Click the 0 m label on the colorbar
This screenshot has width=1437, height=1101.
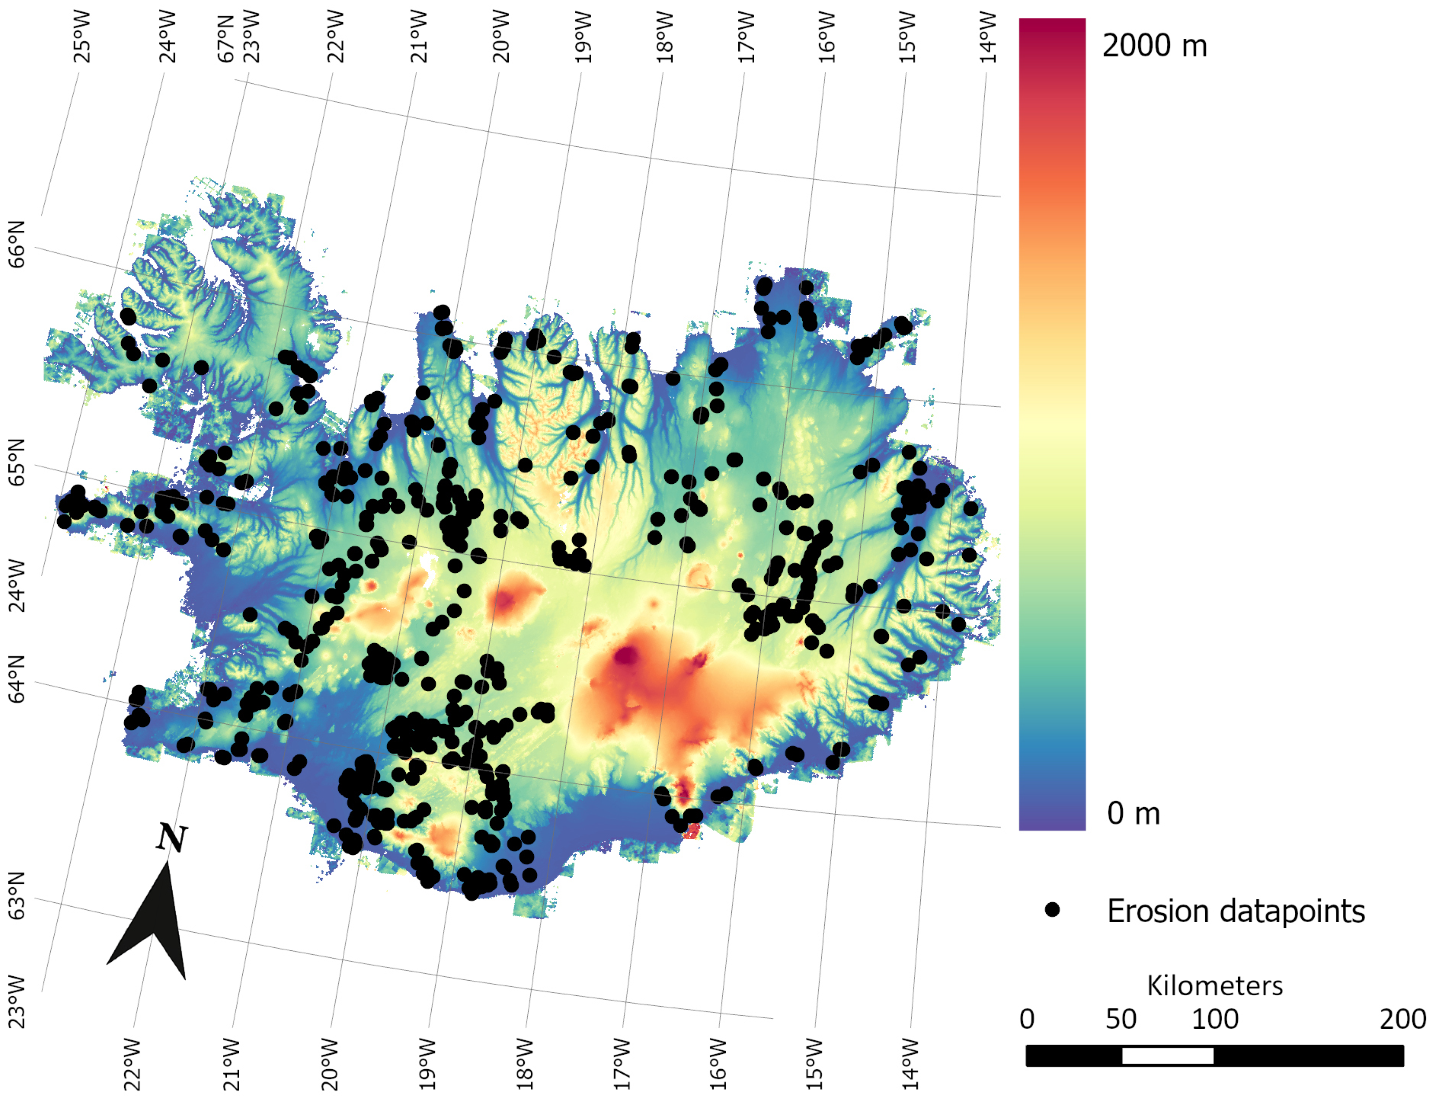tap(1133, 813)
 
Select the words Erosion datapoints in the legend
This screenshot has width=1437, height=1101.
tap(1235, 911)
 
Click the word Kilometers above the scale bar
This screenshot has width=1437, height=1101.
tap(1214, 986)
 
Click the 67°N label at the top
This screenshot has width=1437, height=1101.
tap(226, 38)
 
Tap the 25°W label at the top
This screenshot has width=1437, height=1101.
tap(82, 37)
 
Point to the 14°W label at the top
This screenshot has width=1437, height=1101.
tap(988, 37)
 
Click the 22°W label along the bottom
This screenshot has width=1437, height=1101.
tap(132, 1064)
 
